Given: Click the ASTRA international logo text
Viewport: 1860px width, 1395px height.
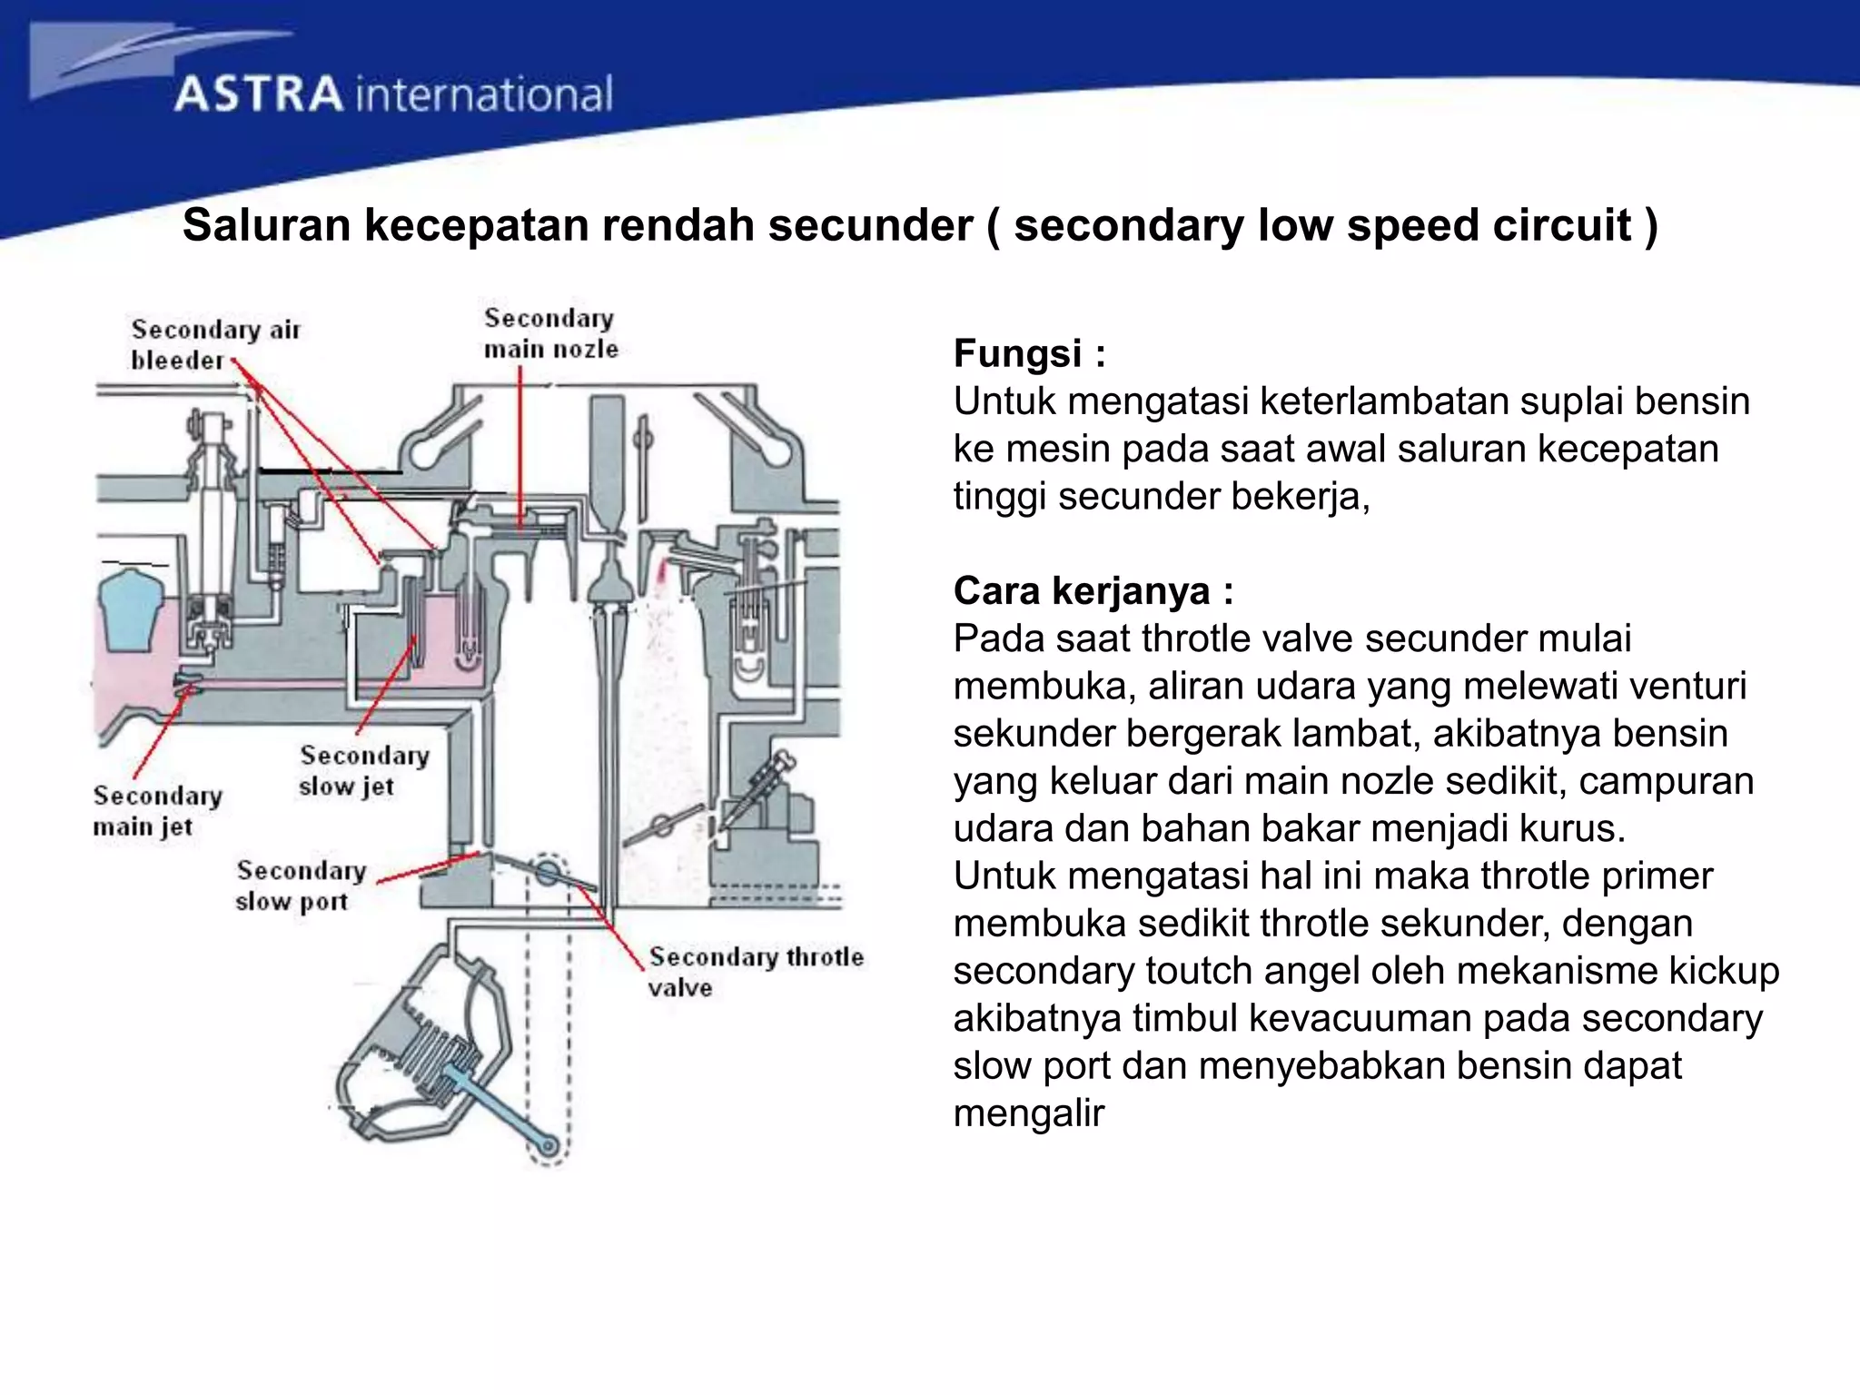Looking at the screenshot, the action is (392, 94).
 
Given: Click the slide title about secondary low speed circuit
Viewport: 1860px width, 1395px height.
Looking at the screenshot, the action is (919, 225).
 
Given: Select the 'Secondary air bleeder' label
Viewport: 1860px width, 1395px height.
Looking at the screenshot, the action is (214, 345).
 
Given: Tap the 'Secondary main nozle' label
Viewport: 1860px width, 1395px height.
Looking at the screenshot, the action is (550, 333).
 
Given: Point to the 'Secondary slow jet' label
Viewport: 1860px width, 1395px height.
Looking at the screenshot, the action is (363, 770).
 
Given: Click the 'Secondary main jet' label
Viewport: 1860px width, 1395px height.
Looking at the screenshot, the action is (157, 811).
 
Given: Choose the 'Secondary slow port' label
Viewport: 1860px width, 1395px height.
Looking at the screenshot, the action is (300, 885).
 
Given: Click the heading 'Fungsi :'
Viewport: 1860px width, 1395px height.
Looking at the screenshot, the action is (1029, 353).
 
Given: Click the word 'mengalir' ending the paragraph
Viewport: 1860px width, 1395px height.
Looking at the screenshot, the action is (1028, 1113).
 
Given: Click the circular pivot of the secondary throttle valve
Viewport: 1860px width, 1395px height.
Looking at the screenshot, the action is (548, 872).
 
